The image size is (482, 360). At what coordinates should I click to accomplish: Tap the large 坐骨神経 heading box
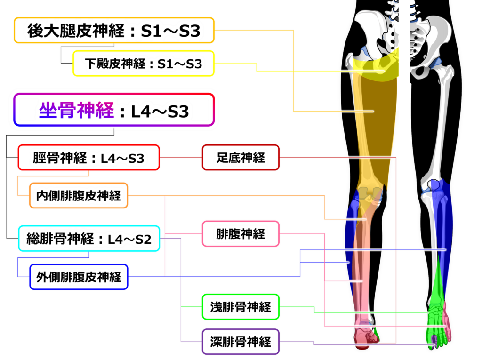(x=114, y=111)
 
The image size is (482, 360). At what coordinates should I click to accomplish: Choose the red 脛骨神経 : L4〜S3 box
(x=89, y=158)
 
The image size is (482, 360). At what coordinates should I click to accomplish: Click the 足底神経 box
(x=241, y=158)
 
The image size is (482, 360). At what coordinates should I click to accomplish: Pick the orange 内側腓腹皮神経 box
(x=79, y=196)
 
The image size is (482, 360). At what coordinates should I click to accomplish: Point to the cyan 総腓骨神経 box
(x=89, y=239)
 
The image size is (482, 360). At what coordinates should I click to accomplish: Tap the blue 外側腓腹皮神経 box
(x=79, y=276)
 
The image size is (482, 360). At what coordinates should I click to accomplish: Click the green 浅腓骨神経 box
(x=241, y=307)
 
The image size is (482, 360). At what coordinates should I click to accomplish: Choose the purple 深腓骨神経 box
(x=241, y=341)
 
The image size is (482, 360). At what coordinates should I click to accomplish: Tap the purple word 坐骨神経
(x=76, y=111)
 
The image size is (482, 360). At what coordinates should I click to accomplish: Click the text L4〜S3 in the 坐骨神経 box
(x=160, y=112)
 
